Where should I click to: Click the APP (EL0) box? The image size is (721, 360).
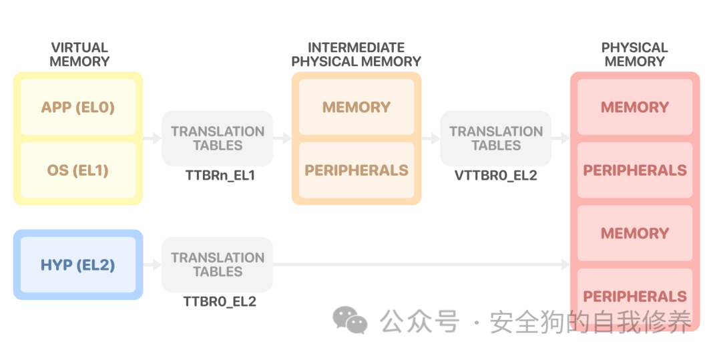pos(78,107)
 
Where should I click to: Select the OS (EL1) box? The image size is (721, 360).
pos(78,170)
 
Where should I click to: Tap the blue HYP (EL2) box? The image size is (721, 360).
pos(78,265)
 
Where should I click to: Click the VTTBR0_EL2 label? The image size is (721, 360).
pos(495,176)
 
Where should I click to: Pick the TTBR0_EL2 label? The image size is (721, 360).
pos(220,302)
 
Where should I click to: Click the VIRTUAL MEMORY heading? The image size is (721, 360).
pos(79,54)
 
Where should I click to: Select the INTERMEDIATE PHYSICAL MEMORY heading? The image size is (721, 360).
pos(356,54)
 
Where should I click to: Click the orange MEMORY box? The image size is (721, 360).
pos(356,107)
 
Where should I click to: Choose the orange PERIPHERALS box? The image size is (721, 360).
pos(356,170)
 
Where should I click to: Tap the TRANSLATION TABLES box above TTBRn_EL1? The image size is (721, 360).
pos(217,138)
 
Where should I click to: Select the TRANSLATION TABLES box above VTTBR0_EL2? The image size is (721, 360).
pos(495,138)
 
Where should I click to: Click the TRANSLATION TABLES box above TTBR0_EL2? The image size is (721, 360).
pos(217,264)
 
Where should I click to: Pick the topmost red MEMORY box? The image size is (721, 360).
pos(634,107)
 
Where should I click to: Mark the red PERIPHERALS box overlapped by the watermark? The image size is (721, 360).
pos(634,297)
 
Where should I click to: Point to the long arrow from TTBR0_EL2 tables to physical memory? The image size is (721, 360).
pos(421,264)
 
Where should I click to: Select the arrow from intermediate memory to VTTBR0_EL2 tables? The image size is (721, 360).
pos(431,138)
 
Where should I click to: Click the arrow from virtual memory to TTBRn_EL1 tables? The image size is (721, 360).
pos(153,138)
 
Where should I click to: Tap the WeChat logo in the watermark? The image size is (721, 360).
pos(350,321)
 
